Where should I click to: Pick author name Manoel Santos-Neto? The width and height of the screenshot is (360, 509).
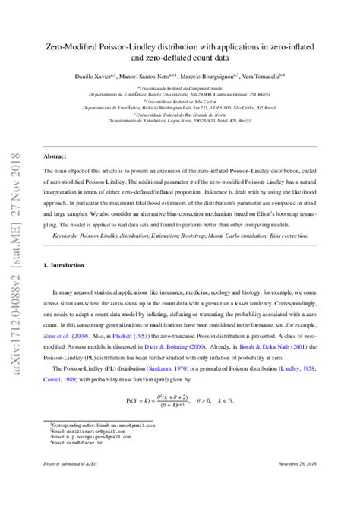[x=159, y=77]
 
